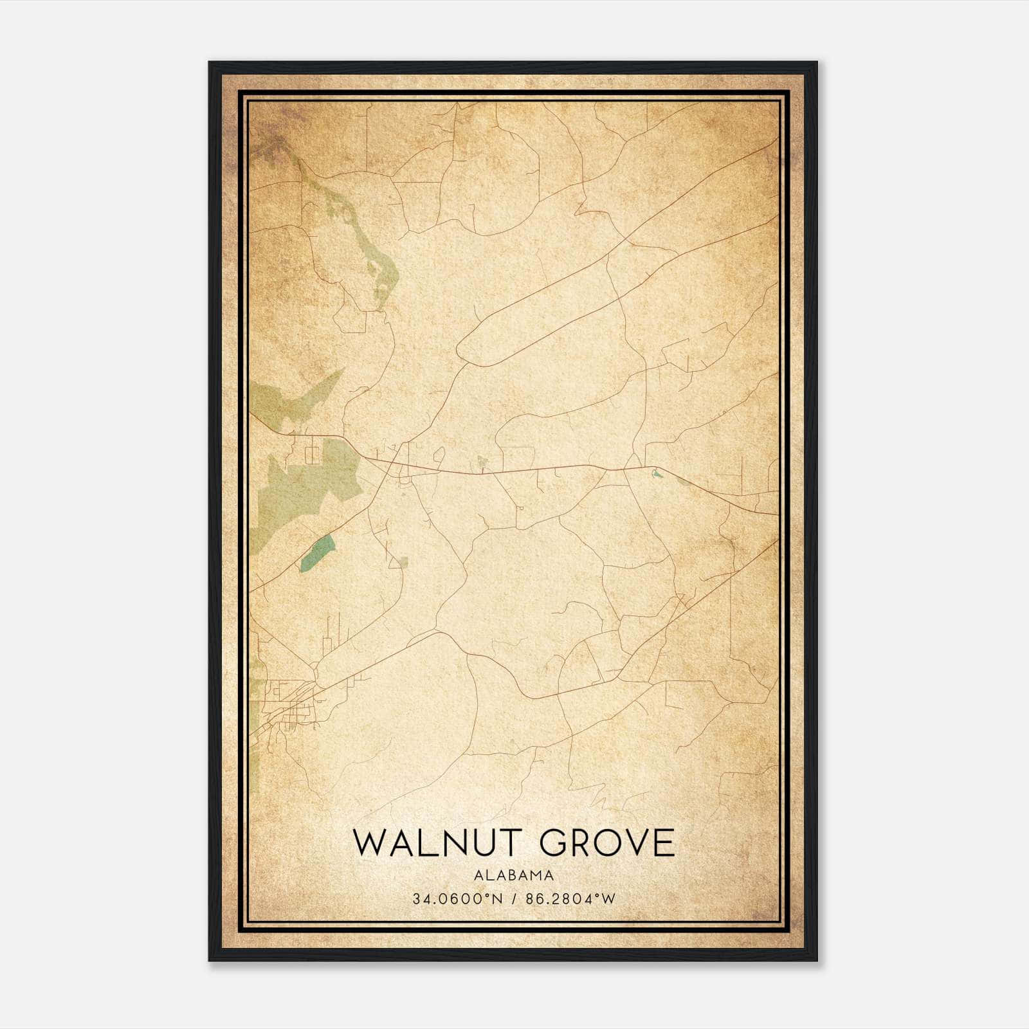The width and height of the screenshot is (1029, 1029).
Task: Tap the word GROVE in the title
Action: point(608,843)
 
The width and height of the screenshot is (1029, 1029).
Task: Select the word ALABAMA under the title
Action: point(514,875)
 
